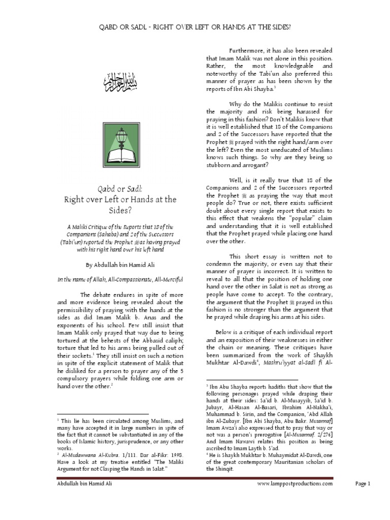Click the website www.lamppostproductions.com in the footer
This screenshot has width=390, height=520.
[x=295, y=484]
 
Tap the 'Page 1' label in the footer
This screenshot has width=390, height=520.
[x=364, y=484]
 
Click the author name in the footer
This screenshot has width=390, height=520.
[x=85, y=484]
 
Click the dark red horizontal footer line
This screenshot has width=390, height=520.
[x=195, y=478]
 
